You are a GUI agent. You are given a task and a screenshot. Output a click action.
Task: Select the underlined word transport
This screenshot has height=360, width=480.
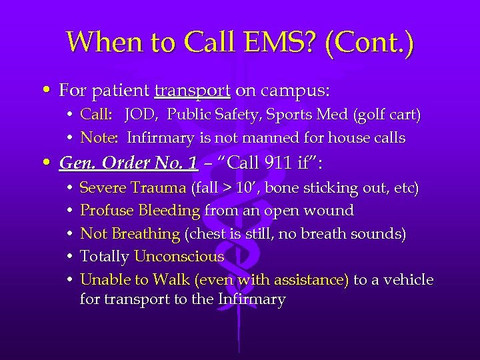(192, 89)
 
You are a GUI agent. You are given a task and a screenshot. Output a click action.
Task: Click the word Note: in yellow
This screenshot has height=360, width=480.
(99, 138)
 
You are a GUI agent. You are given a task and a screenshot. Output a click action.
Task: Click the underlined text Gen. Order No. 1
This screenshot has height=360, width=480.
(128, 163)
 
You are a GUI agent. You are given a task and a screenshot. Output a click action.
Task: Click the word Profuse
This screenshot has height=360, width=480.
(107, 211)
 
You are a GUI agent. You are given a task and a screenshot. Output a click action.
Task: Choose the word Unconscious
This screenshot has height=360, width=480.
(179, 257)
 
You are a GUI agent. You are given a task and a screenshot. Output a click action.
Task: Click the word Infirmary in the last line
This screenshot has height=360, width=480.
(251, 299)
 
